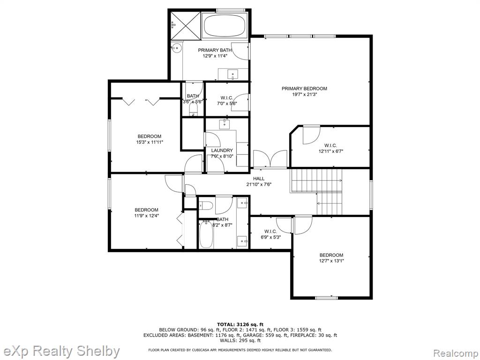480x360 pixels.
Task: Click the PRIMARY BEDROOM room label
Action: [x=304, y=89]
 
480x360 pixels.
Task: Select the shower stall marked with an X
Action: [x=186, y=26]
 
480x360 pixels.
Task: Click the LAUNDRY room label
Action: [x=222, y=150]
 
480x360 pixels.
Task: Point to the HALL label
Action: [x=259, y=179]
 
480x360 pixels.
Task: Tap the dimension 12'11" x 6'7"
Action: [x=330, y=151]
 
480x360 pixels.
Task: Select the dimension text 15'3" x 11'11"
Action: [x=150, y=142]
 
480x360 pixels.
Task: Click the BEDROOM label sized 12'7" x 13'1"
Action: [x=331, y=255]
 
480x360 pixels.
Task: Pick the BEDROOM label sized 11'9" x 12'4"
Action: [x=146, y=210]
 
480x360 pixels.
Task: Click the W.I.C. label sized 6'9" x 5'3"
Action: [x=270, y=231]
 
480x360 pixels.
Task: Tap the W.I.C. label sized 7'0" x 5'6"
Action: [x=227, y=97]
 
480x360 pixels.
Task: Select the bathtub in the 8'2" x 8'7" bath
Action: [x=206, y=234]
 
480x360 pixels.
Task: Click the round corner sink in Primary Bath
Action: [x=176, y=48]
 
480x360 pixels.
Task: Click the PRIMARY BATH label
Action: [x=215, y=50]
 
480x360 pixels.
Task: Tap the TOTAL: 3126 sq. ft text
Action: [x=240, y=324]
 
